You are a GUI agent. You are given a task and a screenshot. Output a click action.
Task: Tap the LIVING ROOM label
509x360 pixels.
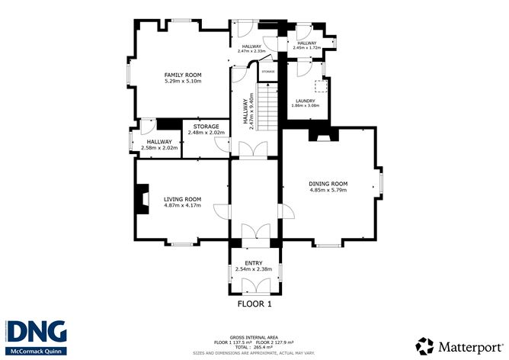(182, 199)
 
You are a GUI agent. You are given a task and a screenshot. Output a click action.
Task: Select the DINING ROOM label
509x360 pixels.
(328, 184)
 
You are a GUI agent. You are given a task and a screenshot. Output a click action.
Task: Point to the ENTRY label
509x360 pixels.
(254, 263)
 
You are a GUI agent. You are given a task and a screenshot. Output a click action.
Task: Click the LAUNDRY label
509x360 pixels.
(306, 100)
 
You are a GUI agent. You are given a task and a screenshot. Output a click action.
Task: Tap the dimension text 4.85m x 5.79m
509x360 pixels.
(328, 190)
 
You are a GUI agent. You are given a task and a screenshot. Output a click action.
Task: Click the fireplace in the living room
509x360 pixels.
(139, 200)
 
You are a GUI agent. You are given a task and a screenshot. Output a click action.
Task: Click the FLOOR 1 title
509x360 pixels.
(254, 304)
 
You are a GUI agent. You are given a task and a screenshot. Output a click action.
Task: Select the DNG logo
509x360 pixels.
(37, 331)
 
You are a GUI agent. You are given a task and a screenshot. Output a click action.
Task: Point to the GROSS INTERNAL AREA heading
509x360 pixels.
(254, 336)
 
